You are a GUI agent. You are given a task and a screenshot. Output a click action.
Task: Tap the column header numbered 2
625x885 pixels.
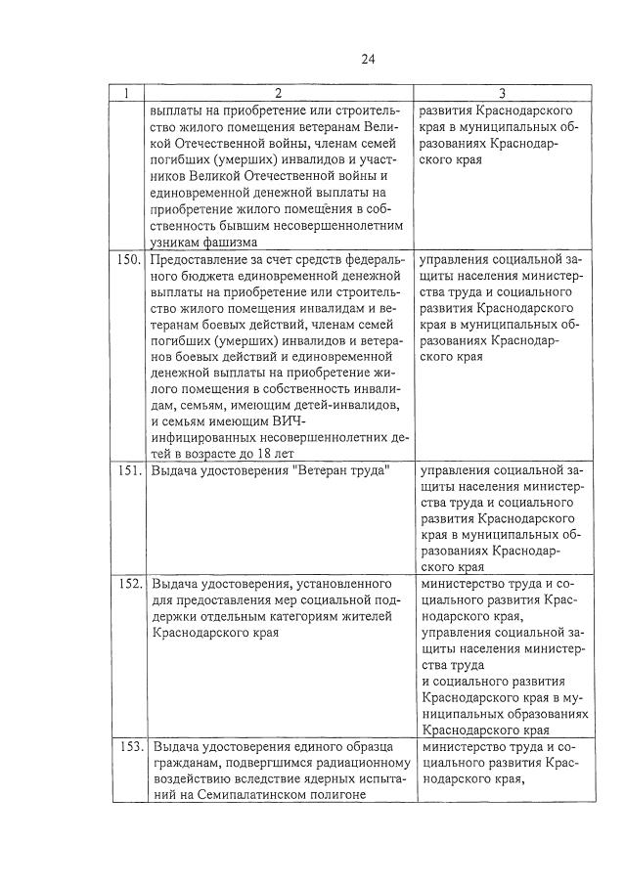[x=279, y=94]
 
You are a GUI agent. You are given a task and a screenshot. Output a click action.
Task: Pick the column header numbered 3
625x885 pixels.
[x=502, y=94]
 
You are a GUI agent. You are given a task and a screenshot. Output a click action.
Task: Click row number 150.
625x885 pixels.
[x=131, y=260]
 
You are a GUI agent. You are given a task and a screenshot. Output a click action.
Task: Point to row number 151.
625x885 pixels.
[x=131, y=471]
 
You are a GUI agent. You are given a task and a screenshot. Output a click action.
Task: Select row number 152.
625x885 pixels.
[x=131, y=583]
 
